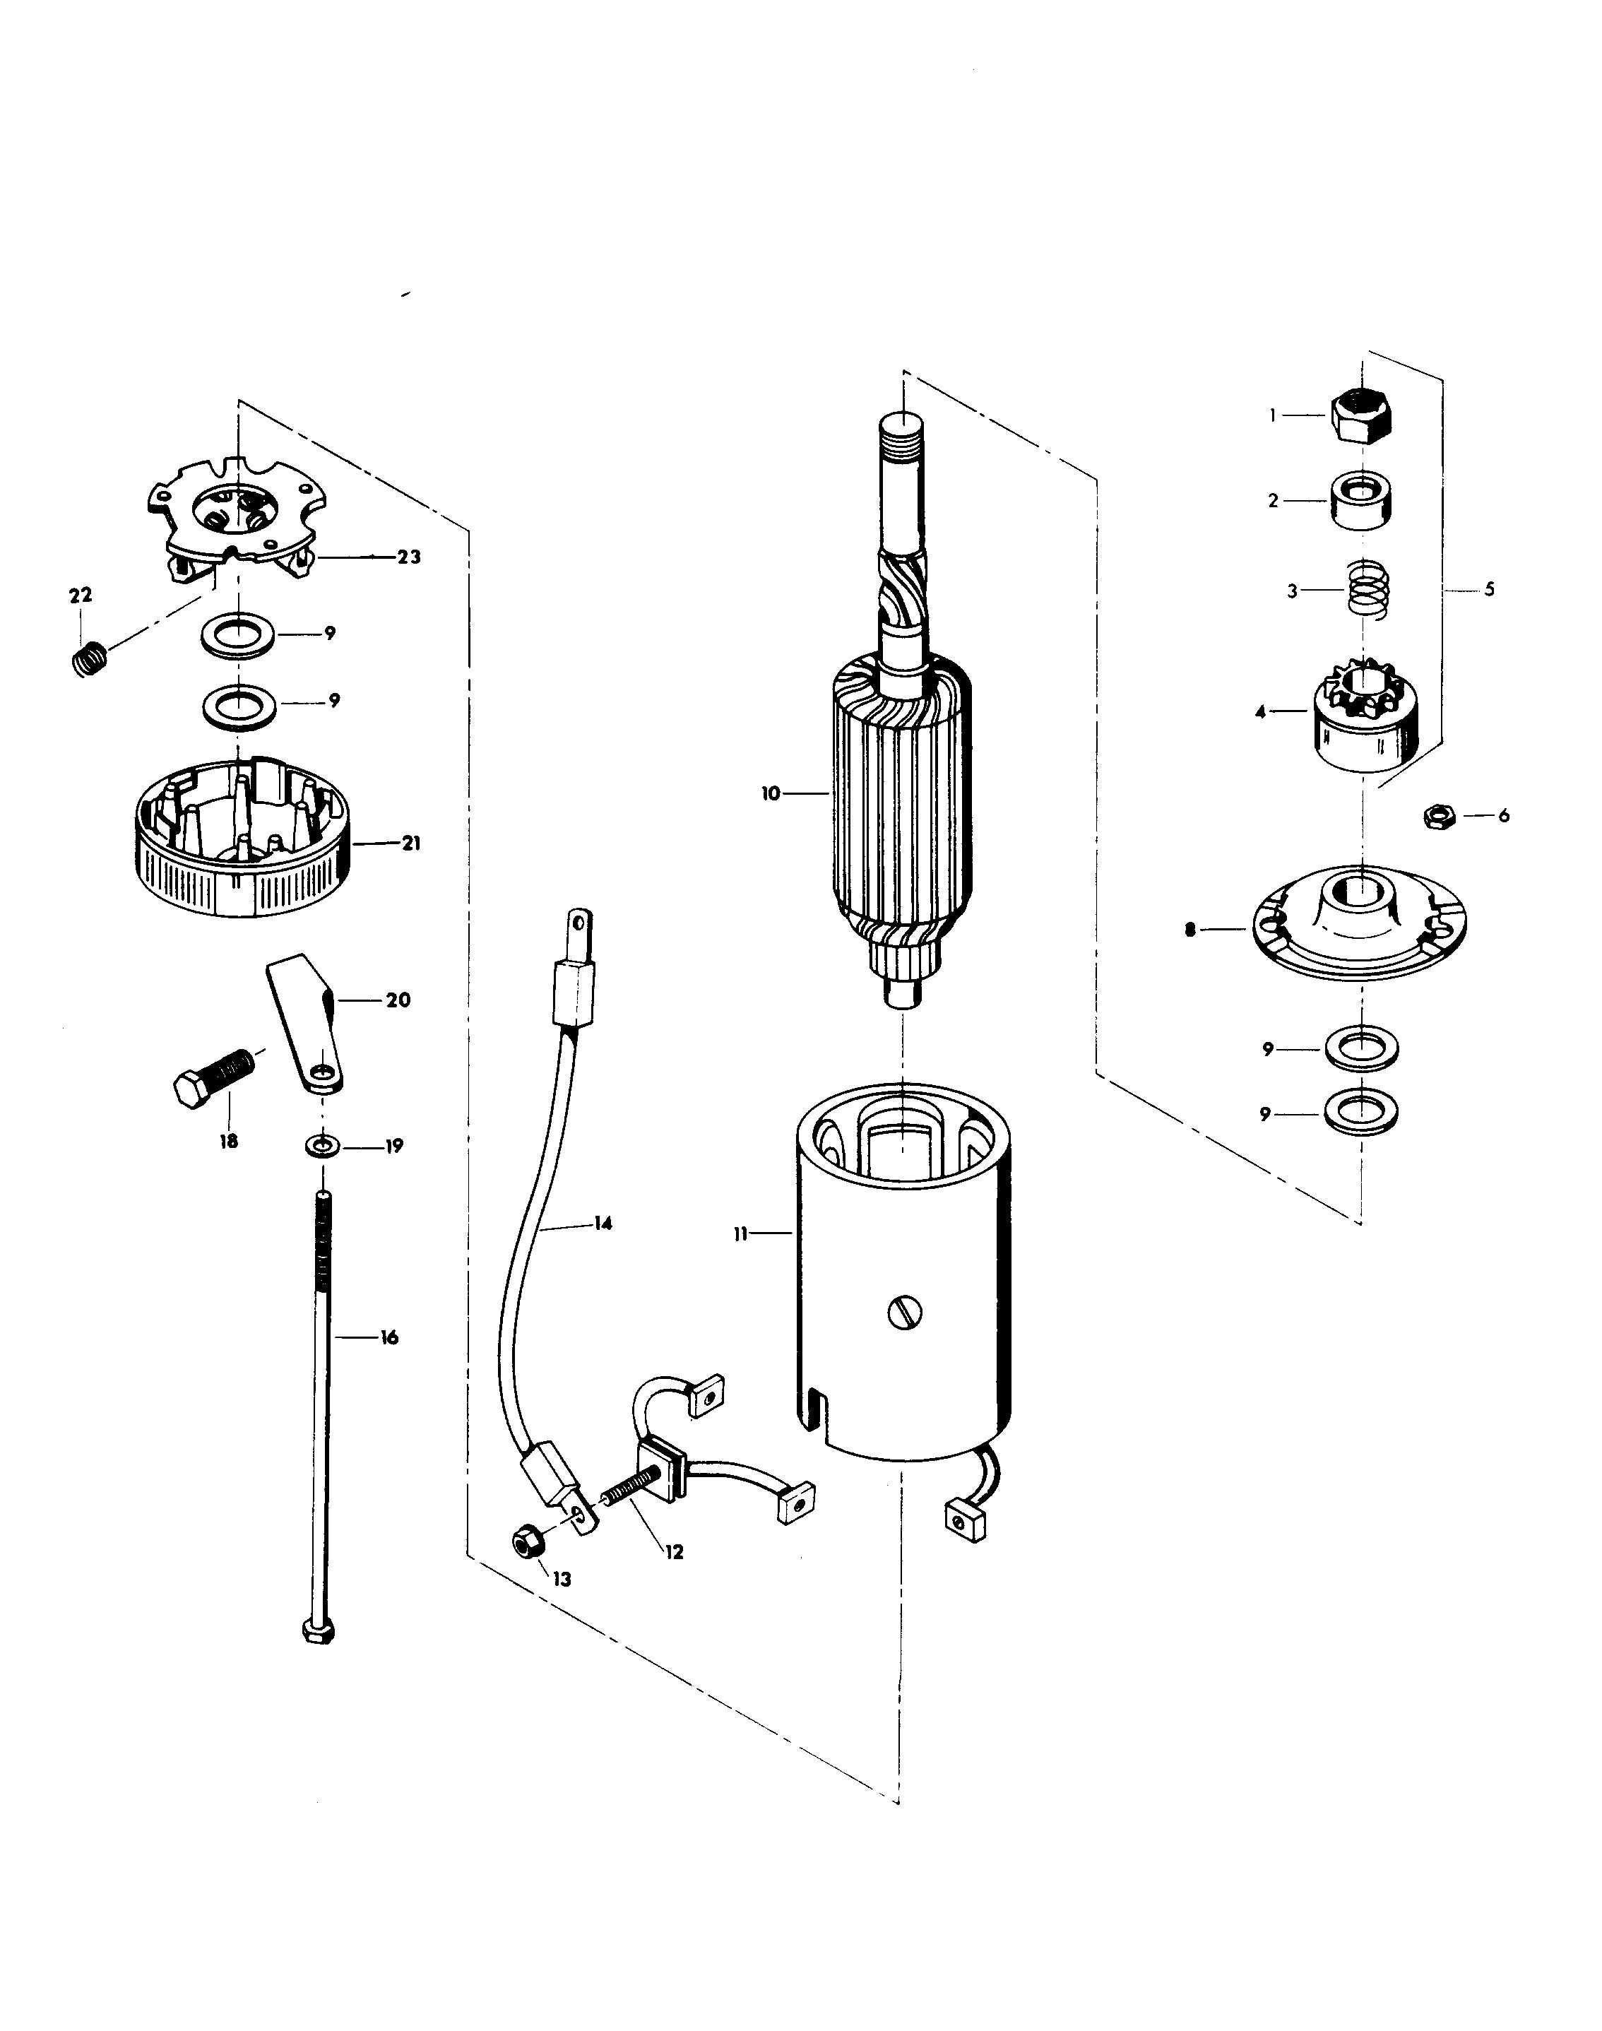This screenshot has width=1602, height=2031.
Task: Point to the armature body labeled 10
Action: (x=901, y=798)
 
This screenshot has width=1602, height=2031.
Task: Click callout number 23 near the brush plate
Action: (x=409, y=557)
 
